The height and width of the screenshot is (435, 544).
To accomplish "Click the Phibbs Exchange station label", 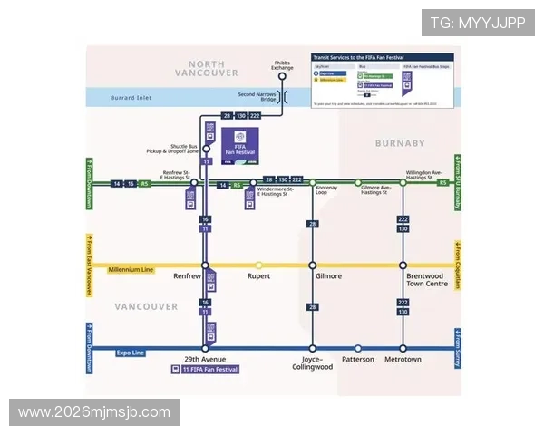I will click(x=282, y=64).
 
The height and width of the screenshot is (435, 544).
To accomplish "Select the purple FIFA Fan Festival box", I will click(x=240, y=144).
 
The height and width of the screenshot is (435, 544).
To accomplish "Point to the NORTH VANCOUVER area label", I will click(x=207, y=68).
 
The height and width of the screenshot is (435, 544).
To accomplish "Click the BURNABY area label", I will click(x=400, y=143).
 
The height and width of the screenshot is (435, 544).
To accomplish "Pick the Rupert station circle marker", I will click(x=258, y=266).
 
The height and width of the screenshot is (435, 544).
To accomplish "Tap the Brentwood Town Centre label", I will click(x=427, y=280).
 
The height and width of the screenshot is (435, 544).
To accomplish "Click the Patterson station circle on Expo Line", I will click(x=358, y=348).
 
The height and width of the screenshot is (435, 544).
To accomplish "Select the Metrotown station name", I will click(x=403, y=360).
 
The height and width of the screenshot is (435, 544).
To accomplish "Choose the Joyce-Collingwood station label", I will click(x=312, y=362).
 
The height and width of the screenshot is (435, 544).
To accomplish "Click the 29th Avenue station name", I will click(x=205, y=360).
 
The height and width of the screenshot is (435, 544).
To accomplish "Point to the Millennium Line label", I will click(x=131, y=270).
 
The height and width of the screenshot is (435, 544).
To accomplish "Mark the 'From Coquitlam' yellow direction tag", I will click(x=458, y=266).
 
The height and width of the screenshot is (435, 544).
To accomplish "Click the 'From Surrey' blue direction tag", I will click(x=458, y=348).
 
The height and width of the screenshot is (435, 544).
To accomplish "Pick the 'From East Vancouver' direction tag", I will click(x=89, y=266).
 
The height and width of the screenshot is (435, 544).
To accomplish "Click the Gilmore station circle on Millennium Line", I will click(x=312, y=266).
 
